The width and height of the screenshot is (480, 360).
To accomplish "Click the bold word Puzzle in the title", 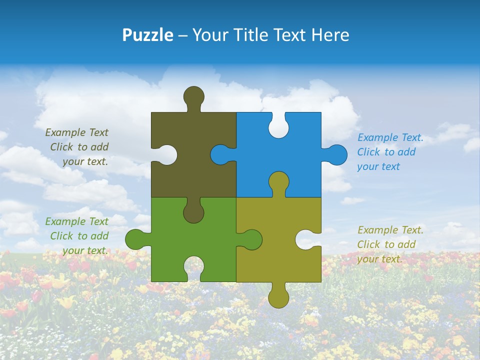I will click(x=148, y=35).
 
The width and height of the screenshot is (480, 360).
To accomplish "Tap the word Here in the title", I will click(x=330, y=35).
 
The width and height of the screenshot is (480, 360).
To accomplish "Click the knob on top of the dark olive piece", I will click(x=193, y=96).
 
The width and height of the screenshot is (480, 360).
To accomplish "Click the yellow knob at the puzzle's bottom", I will click(x=278, y=297).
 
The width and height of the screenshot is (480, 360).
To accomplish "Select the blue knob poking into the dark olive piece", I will click(x=220, y=154).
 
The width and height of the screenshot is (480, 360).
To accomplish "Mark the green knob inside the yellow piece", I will click(x=251, y=239).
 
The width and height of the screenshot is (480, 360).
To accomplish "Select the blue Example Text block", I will click(x=389, y=152).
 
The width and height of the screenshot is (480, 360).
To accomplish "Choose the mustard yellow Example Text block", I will click(x=389, y=244).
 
